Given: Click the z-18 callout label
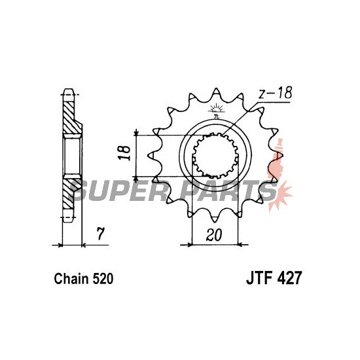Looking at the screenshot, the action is (276, 93).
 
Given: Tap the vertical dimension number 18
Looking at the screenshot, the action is (124, 153).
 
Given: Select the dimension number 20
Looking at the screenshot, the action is (214, 235).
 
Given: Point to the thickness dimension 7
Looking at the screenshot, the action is (100, 234).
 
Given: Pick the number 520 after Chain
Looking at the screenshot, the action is (103, 279).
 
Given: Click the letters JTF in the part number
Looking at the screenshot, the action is (260, 278).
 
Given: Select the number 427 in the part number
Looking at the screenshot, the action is (289, 278).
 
